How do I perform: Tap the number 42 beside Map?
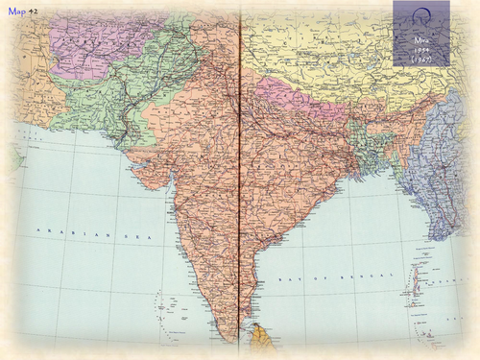coord(34,10)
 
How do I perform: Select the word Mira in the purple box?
coord(420,39)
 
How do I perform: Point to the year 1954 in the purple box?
coord(420,49)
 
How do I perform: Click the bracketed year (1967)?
coord(420,60)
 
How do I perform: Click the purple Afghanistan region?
coord(91,43)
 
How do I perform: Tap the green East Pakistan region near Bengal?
coord(365,144)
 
